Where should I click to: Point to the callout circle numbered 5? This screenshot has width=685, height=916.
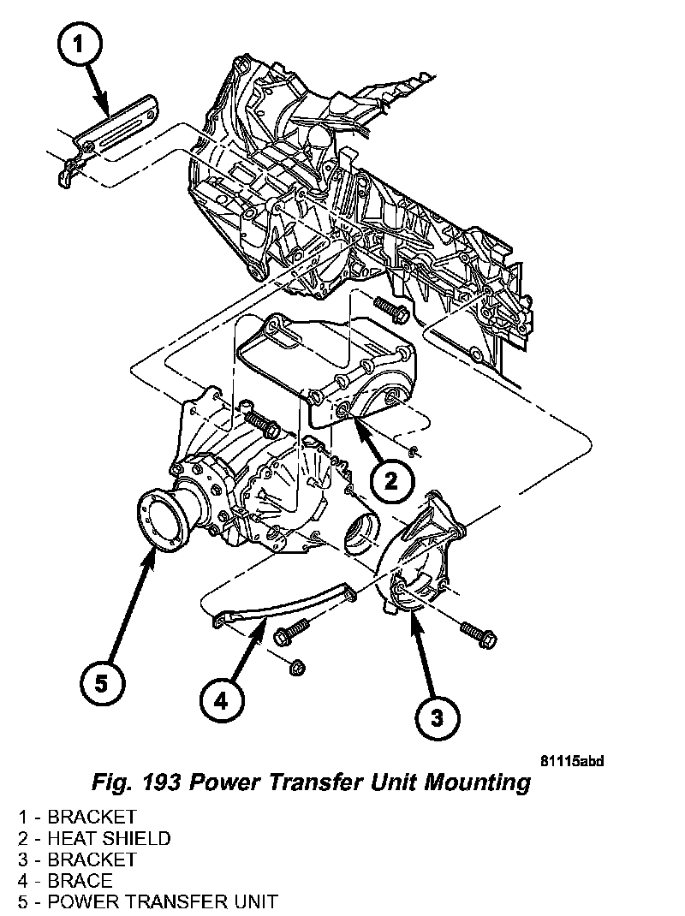click(102, 682)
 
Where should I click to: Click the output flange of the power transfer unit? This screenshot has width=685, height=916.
click(163, 520)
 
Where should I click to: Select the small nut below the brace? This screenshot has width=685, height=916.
click(297, 664)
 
